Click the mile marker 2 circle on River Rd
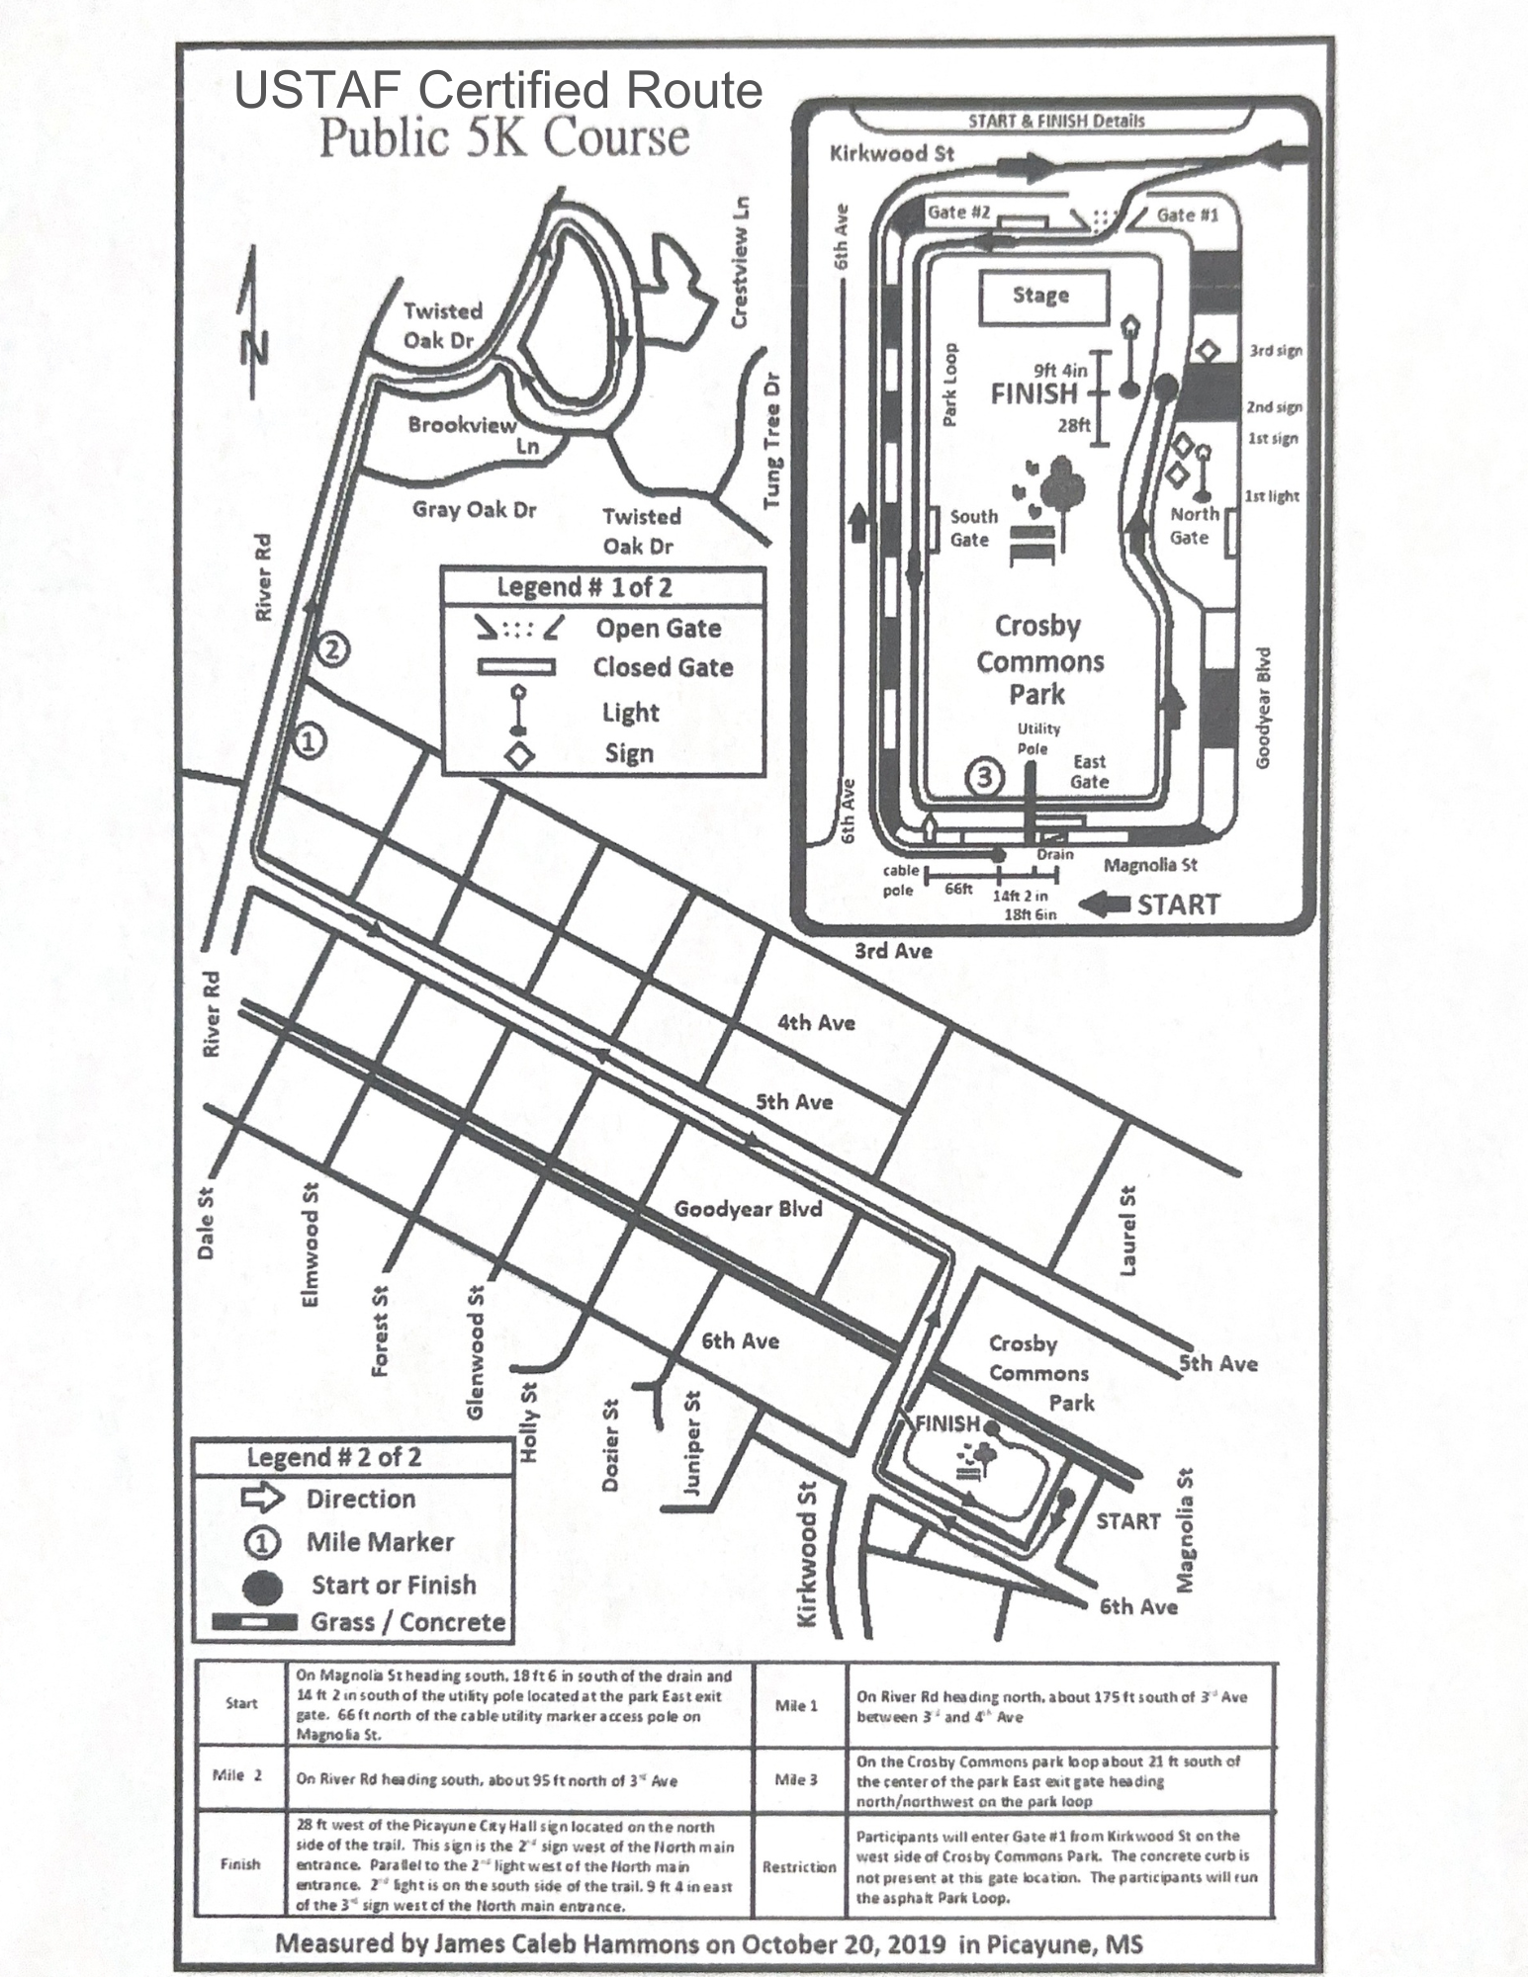(x=333, y=649)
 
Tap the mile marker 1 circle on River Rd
(x=309, y=739)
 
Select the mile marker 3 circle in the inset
(x=984, y=777)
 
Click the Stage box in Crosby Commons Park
(x=1042, y=296)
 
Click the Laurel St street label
(x=1127, y=1231)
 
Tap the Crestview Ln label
(x=740, y=262)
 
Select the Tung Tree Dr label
(x=772, y=441)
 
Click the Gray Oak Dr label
(x=475, y=509)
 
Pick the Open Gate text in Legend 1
(x=658, y=628)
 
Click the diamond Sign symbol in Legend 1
(x=518, y=756)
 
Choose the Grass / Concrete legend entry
(x=407, y=1622)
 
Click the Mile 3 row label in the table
(x=796, y=1780)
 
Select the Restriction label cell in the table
(x=799, y=1866)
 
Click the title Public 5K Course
(x=504, y=137)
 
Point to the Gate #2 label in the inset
(x=958, y=213)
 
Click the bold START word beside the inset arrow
(x=1178, y=904)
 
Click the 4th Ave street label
(x=816, y=1022)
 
